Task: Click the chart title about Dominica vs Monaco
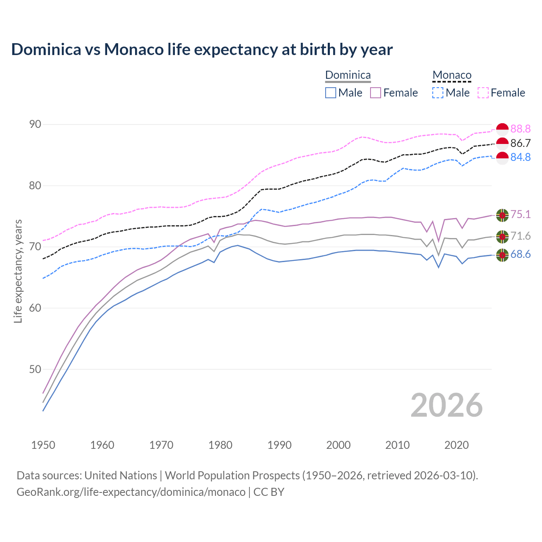(202, 50)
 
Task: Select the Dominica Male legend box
(331, 93)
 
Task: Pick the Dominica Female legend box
(376, 93)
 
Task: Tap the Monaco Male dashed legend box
(438, 93)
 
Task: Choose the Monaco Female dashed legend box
(483, 93)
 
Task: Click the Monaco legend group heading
(452, 75)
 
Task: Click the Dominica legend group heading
(348, 75)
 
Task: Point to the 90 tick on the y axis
(35, 124)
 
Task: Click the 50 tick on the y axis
(35, 369)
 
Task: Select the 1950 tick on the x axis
(43, 445)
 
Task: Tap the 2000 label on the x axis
(338, 445)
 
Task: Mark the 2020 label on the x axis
(456, 445)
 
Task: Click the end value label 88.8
(520, 129)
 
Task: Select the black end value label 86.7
(520, 144)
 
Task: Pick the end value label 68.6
(520, 254)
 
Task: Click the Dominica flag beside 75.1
(502, 215)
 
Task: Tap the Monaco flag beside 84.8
(502, 158)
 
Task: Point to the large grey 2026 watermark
(447, 405)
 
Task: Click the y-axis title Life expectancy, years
(18, 271)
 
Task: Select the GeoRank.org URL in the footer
(131, 492)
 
